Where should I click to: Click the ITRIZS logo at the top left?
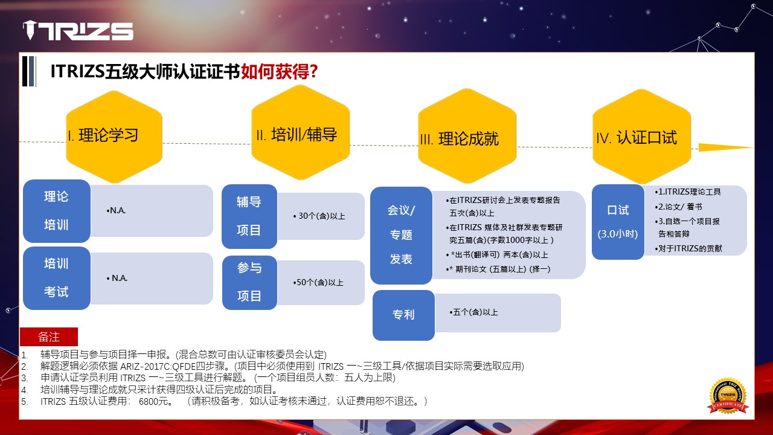coord(78,30)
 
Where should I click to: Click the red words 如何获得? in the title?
coord(279,71)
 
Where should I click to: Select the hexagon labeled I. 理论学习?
coord(114,137)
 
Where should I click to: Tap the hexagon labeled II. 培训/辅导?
coord(301,132)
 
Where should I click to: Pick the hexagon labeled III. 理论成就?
coord(467,136)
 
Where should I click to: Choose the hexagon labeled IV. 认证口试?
coord(641,137)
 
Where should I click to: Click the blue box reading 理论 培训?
coord(57,211)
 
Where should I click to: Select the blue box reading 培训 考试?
coord(57,278)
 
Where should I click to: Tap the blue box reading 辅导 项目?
coord(249,216)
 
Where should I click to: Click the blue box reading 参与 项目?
coord(249,282)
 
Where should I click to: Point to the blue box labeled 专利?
coord(404,315)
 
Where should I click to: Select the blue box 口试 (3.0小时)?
coord(618,222)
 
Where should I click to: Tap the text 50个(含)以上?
coord(318,282)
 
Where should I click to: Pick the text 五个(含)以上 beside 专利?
coord(474,312)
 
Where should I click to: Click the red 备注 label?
coord(49,337)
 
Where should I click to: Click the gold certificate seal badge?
coord(728,396)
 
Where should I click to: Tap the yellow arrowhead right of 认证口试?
coord(725,147)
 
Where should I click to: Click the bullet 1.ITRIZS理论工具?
coord(688,192)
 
